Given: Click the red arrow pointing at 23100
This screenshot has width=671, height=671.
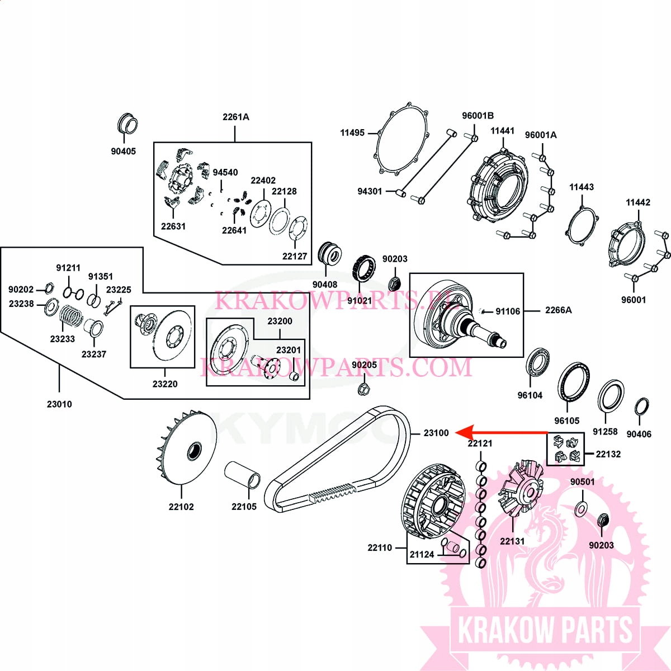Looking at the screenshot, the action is [x=502, y=432].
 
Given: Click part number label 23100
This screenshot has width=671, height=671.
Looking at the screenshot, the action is [x=436, y=433].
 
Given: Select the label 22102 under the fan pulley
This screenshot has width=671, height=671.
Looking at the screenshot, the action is [x=181, y=507].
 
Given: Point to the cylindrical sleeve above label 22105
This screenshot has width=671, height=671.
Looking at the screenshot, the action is [x=242, y=476].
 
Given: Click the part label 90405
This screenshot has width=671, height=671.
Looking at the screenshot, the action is [x=123, y=151].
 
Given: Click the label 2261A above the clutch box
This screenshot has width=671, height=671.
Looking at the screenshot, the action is [x=236, y=117].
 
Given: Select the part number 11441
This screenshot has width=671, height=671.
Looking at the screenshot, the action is [x=502, y=131].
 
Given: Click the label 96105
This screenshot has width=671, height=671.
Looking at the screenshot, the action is [x=566, y=420].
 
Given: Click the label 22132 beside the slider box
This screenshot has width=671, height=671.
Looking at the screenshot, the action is [x=608, y=453].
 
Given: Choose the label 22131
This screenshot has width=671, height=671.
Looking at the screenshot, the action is [x=512, y=541].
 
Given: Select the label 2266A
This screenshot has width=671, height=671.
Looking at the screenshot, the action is [x=558, y=310].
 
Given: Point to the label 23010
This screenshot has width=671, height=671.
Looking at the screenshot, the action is [x=59, y=404].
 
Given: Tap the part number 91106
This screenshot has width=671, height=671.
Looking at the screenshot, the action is [x=507, y=311].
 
